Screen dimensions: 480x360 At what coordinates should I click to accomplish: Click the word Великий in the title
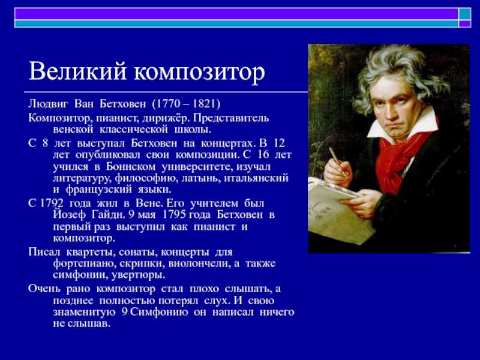tap(77, 71)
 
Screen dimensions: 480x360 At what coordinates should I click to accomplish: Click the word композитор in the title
tap(200, 73)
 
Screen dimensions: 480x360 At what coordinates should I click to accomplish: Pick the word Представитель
tap(231, 118)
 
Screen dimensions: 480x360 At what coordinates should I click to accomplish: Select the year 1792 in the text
tap(52, 203)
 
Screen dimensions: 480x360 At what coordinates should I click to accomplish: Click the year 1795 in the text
tap(174, 215)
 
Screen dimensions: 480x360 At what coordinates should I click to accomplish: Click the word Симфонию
tap(161, 313)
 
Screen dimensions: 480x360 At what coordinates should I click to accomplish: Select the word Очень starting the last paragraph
tap(44, 289)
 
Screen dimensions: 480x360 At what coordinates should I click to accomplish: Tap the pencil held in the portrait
tap(338, 161)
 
